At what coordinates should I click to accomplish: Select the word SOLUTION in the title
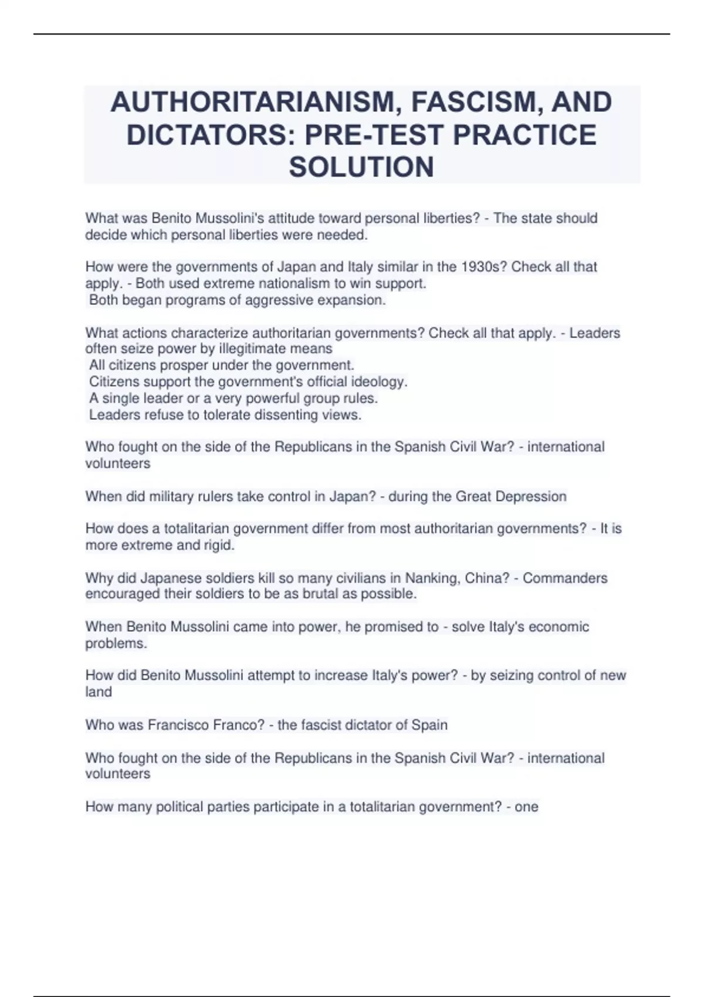coord(361,167)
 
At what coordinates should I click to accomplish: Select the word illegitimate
coord(259,349)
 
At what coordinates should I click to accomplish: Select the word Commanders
coord(564,578)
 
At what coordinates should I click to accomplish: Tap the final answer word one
coord(526,807)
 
